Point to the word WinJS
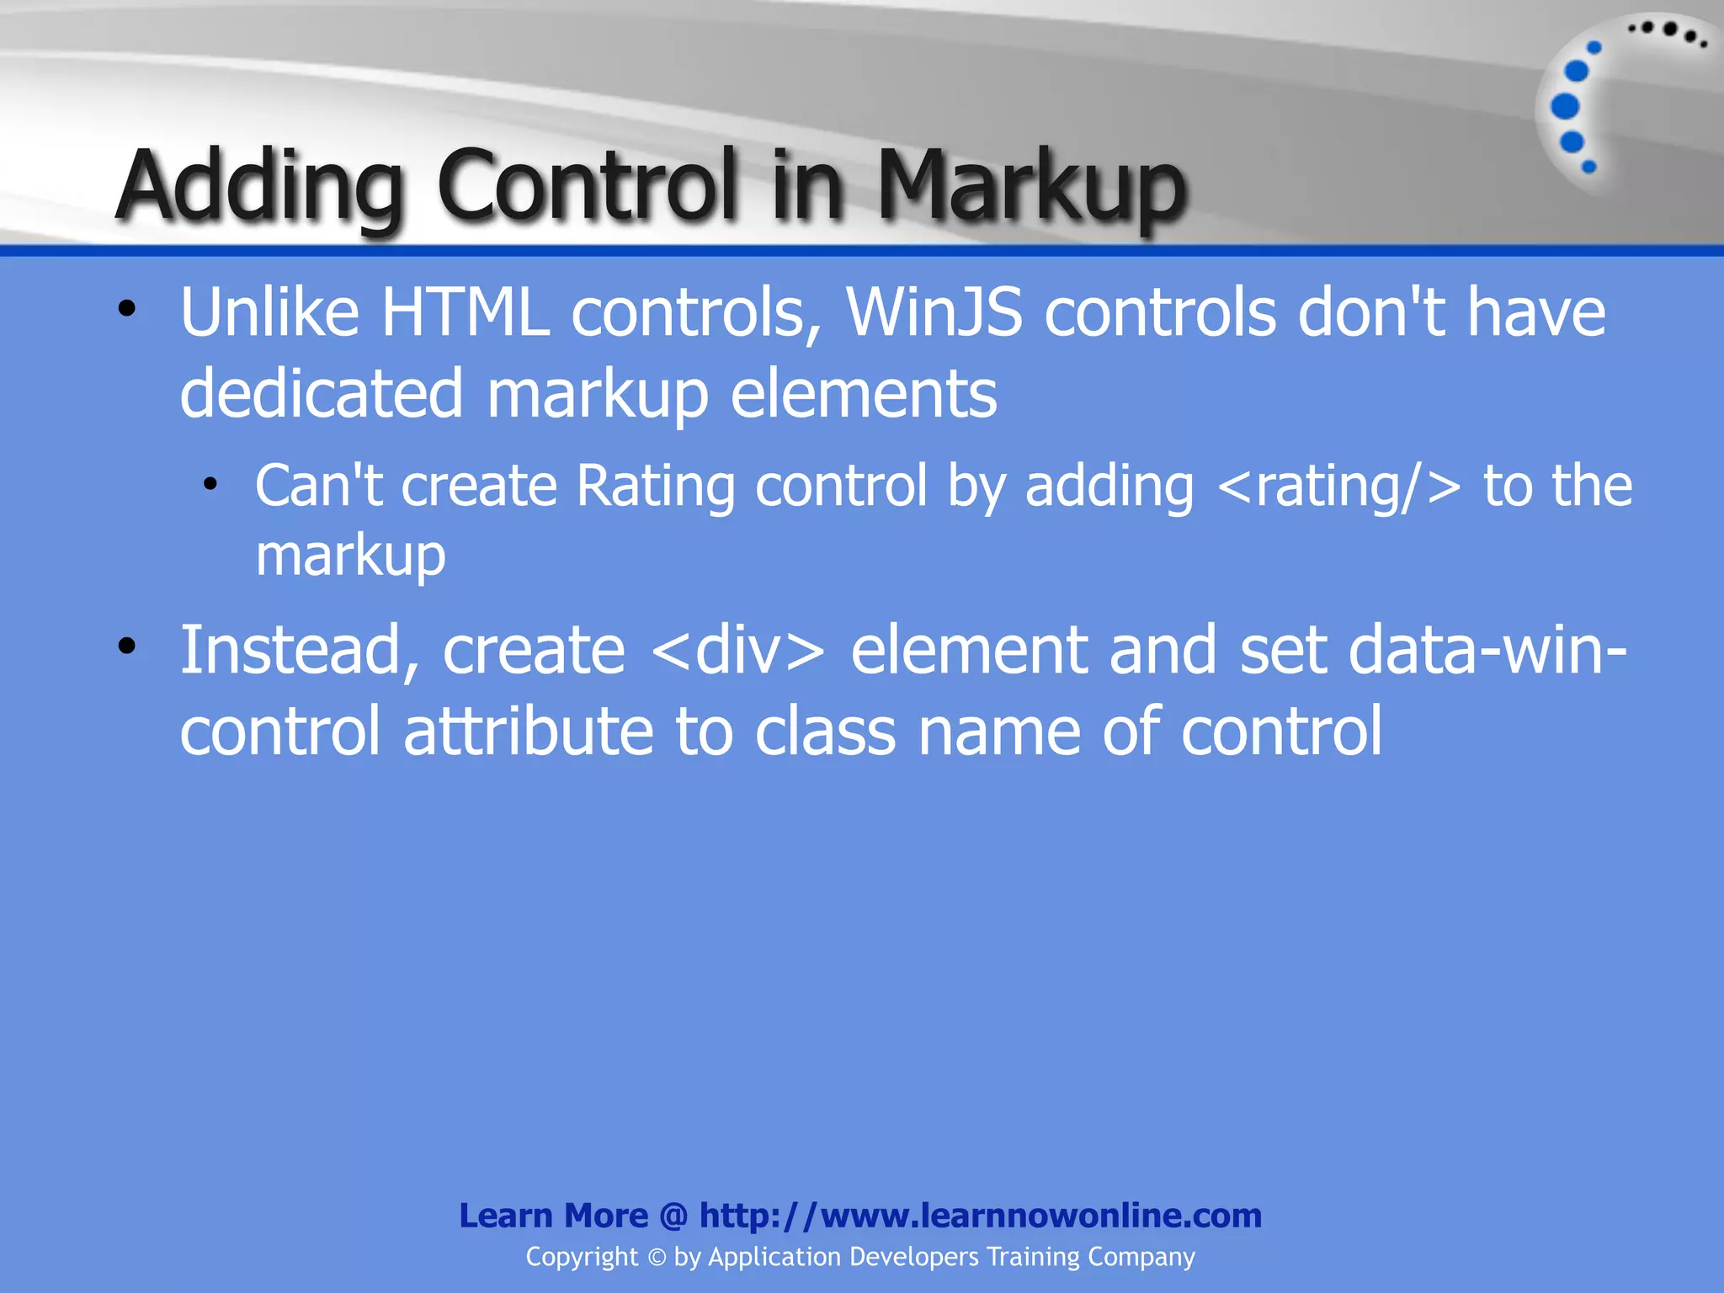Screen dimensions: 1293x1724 (x=934, y=313)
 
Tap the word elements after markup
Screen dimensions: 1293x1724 (x=864, y=394)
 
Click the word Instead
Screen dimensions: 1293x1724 (x=300, y=651)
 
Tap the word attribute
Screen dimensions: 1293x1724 (x=529, y=731)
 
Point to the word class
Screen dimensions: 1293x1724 (x=825, y=731)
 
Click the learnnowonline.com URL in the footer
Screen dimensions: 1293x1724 (x=980, y=1216)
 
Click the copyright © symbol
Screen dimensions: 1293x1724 (x=657, y=1258)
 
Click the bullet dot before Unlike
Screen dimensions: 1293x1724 (x=126, y=309)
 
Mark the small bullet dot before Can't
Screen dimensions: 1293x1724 (x=210, y=484)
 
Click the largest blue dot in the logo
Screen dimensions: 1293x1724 (x=1565, y=106)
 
